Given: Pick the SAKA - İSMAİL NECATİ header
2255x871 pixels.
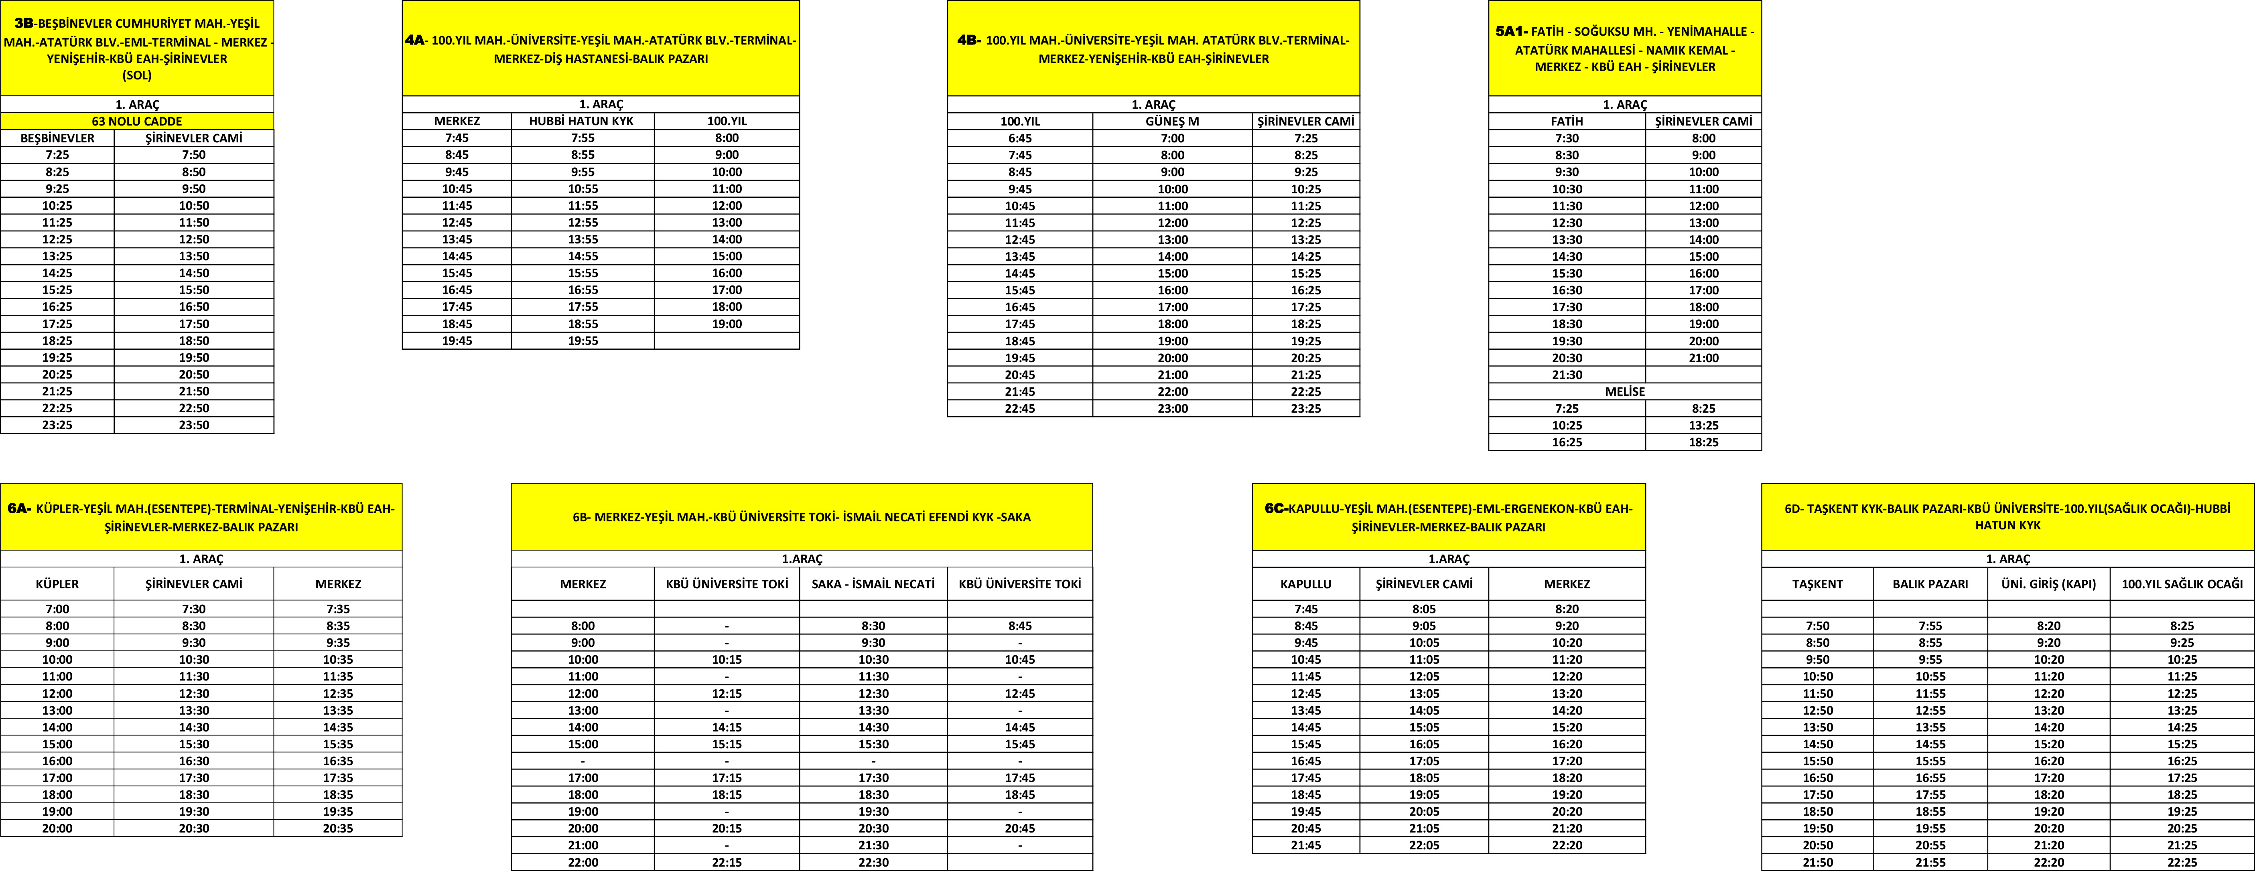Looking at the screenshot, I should click(873, 584).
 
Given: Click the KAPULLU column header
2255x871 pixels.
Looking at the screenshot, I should click(1305, 584).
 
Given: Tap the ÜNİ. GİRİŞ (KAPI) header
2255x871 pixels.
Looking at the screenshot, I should click(2048, 584).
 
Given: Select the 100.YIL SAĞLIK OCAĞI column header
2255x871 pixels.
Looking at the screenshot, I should click(2182, 584).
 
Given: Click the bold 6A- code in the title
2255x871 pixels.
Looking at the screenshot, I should click(19, 508).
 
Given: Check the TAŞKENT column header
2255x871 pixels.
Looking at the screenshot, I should click(1817, 584).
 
